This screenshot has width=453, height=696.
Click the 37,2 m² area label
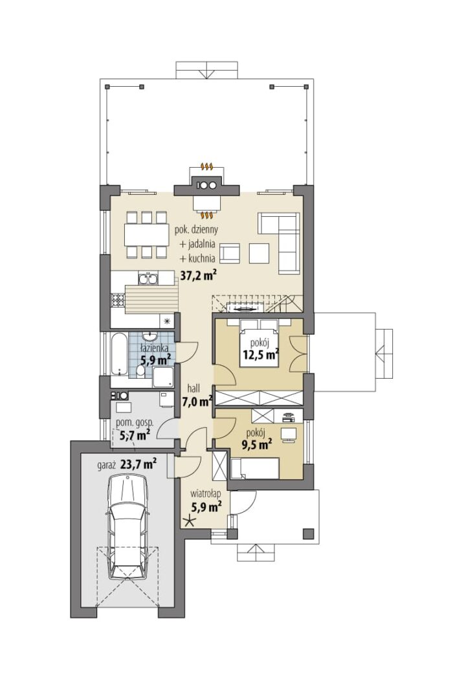click(x=198, y=276)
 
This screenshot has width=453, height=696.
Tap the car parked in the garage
click(x=129, y=526)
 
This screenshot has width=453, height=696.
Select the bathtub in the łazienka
click(x=118, y=354)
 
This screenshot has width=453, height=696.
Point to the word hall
click(x=193, y=388)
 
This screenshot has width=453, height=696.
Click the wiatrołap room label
click(x=206, y=493)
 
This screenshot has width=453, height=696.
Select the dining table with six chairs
click(x=146, y=235)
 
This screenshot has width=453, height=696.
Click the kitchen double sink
click(x=148, y=278)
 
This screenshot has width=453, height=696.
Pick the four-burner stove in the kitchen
click(x=117, y=300)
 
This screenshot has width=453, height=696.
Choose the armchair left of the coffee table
click(x=230, y=253)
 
